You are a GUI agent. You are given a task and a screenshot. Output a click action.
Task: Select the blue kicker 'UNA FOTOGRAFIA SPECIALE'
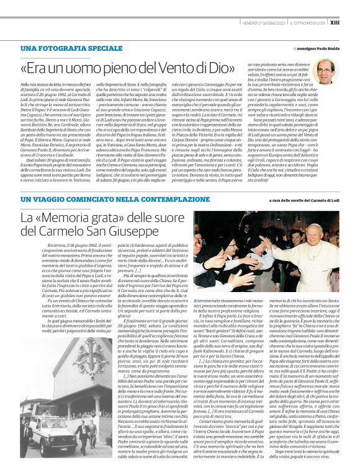click(71, 48)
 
